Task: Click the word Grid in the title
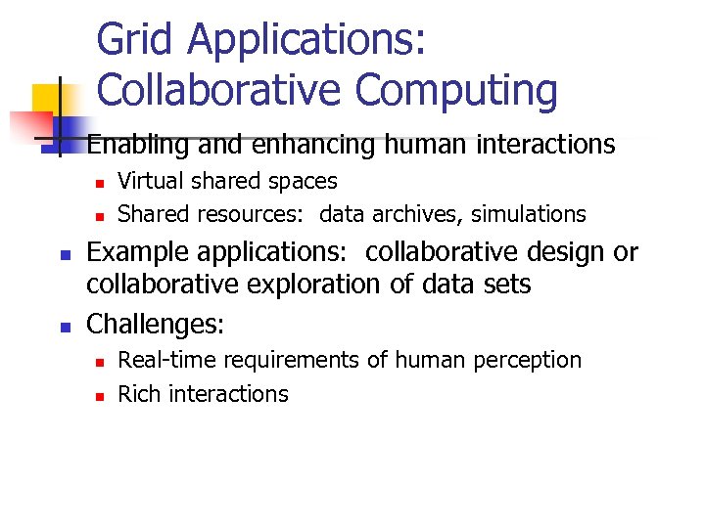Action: pyautogui.click(x=136, y=41)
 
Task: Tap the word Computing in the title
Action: pyautogui.click(x=456, y=90)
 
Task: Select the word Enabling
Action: pyautogui.click(x=139, y=146)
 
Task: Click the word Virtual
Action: pyautogui.click(x=145, y=181)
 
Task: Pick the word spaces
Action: pyautogui.click(x=304, y=181)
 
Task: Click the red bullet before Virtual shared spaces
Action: pyautogui.click(x=99, y=183)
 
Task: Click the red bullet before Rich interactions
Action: pyautogui.click(x=99, y=396)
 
